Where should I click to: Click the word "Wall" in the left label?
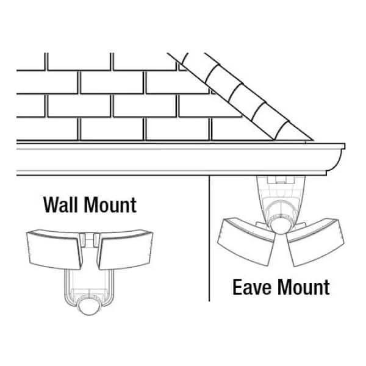coord(61,205)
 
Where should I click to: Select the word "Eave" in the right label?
coord(250,287)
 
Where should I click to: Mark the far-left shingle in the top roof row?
coord(30,61)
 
